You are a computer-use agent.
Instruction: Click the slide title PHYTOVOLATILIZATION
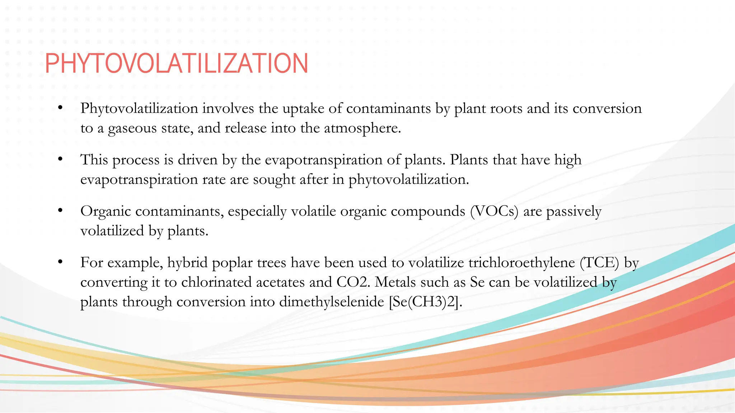tap(176, 63)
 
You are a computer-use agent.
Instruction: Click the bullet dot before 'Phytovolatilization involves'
tap(60, 107)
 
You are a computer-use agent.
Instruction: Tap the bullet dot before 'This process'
tap(60, 158)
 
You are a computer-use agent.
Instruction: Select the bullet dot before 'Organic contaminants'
tap(60, 210)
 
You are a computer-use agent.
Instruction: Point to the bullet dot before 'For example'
tap(60, 261)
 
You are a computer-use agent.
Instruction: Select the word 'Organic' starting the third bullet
tap(106, 212)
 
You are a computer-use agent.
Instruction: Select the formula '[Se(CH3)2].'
tap(426, 302)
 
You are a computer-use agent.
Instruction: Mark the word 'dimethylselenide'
tap(332, 302)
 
